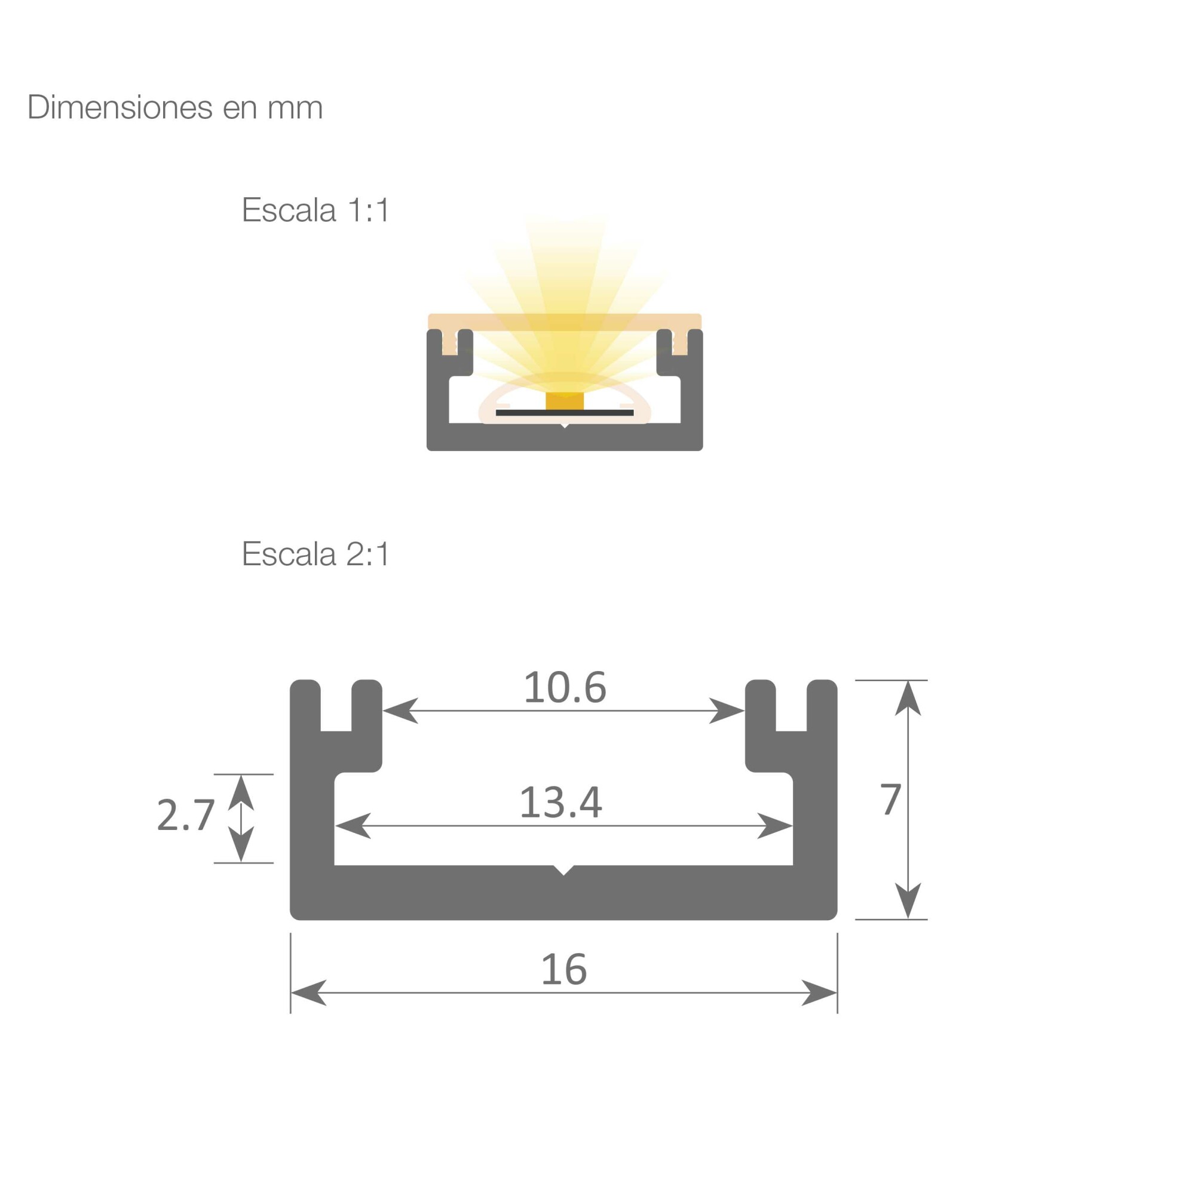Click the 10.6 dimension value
point(565,688)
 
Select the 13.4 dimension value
point(560,803)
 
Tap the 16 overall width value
point(563,969)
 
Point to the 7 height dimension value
point(891,799)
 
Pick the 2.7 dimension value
point(186,815)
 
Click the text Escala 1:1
point(315,210)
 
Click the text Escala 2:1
point(315,554)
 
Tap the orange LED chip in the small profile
point(565,401)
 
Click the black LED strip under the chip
point(565,412)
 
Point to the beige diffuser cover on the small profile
point(565,321)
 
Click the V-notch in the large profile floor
point(563,869)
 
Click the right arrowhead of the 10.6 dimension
point(727,710)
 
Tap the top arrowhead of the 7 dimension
point(908,698)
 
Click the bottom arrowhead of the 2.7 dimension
point(241,844)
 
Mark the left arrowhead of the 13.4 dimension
point(353,826)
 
